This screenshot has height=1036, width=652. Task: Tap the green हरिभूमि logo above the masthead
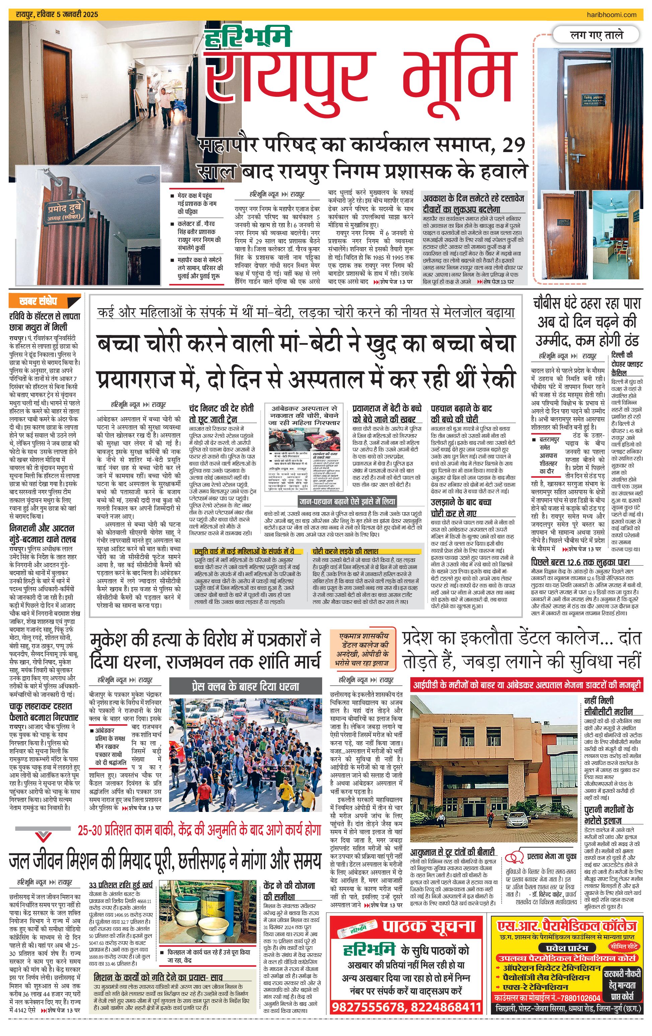click(248, 38)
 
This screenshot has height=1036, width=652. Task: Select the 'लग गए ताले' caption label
click(596, 35)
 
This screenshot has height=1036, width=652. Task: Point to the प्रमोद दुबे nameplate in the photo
click(64, 212)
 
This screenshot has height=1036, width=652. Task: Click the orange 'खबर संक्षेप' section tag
click(39, 301)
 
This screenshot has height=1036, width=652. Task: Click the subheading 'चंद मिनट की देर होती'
click(221, 408)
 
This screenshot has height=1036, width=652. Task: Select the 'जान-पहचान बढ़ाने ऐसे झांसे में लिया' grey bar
click(347, 501)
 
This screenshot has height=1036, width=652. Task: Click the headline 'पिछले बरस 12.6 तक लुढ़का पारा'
click(580, 562)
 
